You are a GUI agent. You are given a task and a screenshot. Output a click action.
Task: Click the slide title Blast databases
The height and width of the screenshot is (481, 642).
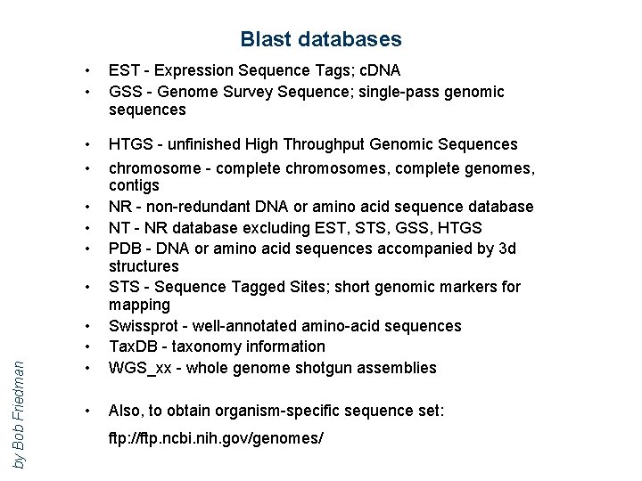coord(320,39)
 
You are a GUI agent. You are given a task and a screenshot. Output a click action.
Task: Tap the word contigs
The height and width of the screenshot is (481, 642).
coord(134,185)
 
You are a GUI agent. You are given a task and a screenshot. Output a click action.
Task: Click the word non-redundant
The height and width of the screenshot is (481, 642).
coord(198,207)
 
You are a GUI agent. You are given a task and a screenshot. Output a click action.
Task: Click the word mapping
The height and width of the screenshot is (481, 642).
coord(139,305)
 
